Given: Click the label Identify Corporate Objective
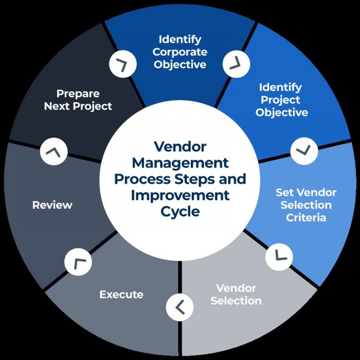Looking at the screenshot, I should coord(180,52).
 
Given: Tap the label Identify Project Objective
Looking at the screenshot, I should coord(281,100).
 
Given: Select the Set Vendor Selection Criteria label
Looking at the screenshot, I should coord(306,205).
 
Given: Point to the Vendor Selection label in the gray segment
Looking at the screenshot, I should coord(236,294).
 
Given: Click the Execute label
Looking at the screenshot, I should coord(121,294).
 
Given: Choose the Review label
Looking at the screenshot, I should coord(52,205).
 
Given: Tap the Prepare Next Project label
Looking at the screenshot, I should coord(78,100).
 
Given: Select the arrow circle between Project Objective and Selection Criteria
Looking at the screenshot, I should coord(304,151).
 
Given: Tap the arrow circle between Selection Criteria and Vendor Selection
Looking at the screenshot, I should coord(279,256).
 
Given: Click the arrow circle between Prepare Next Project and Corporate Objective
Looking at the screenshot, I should coord(123,64).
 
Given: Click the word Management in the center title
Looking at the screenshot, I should coord(180,163).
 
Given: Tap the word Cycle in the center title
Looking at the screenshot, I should coord(180,211).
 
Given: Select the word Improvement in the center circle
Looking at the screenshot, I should coord(180,195).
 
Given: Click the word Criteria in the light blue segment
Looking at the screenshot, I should coord(306,217).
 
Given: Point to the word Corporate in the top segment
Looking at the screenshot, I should coord(180,52).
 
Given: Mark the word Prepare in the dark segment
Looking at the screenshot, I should coord(78,93).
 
